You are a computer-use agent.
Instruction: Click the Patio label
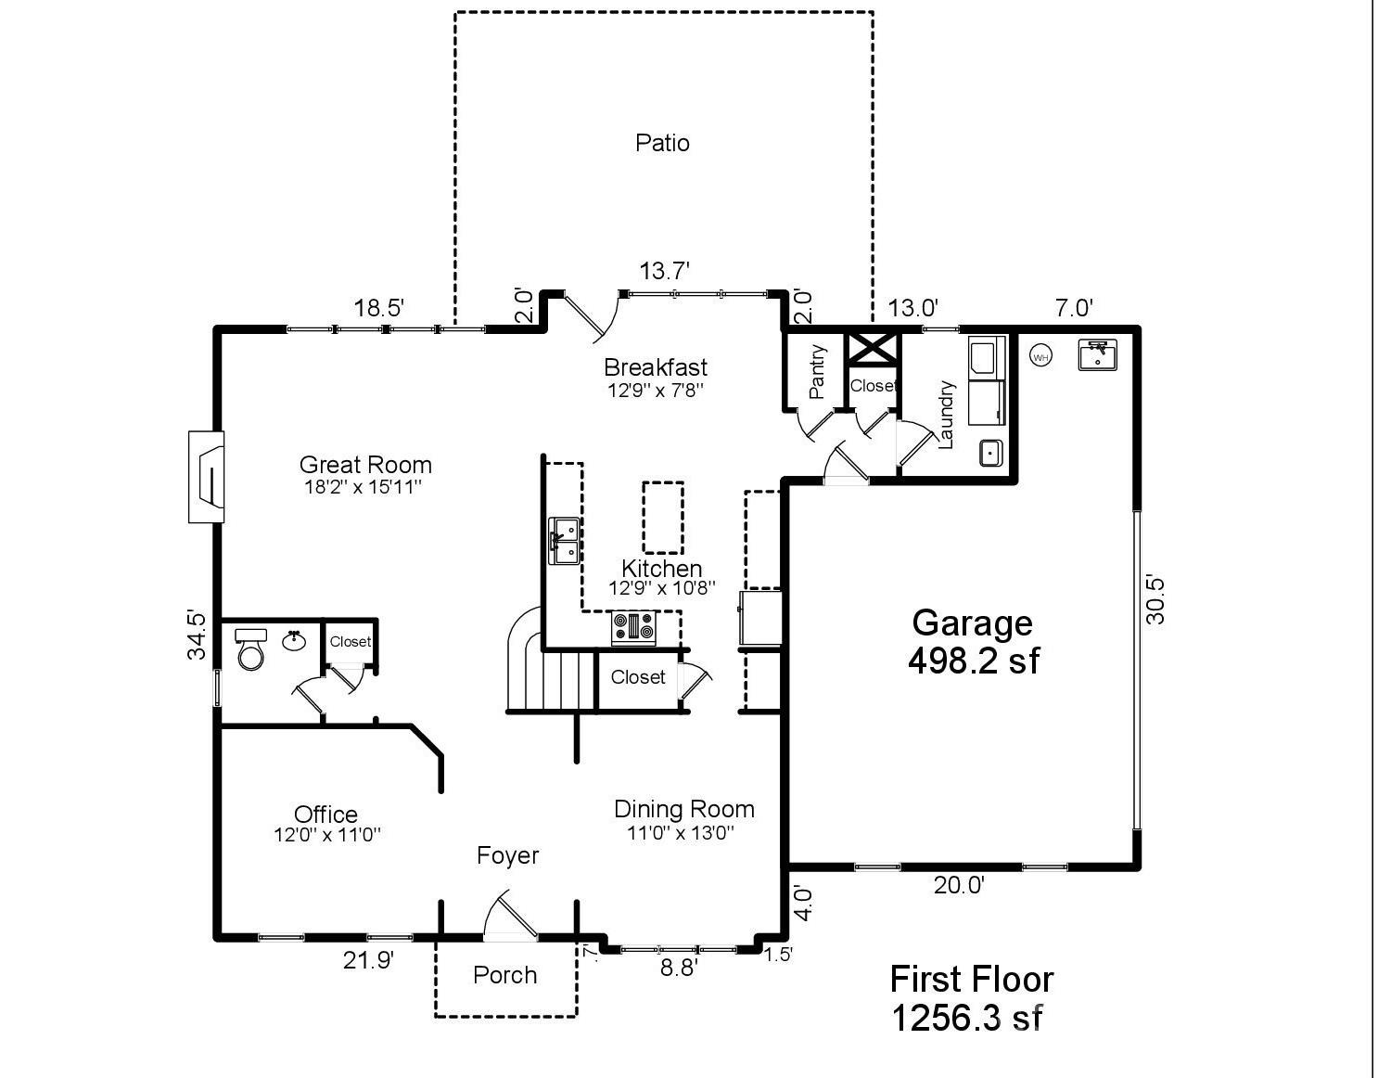coord(662,143)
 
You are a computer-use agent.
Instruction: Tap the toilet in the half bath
coord(250,648)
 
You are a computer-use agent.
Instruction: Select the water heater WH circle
coord(1040,357)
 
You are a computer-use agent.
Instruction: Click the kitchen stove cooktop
coord(633,628)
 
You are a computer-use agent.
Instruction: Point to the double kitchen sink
coord(564,541)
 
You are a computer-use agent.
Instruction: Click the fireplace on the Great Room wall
coord(206,477)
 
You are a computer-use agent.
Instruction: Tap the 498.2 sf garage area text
coord(974,661)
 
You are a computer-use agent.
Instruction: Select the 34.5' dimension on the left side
coord(197,635)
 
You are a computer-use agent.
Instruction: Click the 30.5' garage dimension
coord(1155,600)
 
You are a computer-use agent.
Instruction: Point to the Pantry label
coord(817,372)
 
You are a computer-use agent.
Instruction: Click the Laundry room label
coord(945,415)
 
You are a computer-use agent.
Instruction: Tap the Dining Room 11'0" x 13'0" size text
coord(681,832)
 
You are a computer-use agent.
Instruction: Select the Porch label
coord(504,975)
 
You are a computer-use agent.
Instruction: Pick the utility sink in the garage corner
coord(1098,354)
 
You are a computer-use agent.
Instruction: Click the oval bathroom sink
coord(294,641)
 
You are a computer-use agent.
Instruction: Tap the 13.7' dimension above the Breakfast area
coord(664,272)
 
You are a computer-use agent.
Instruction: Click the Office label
coord(325,815)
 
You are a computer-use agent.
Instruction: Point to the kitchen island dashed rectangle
coord(663,518)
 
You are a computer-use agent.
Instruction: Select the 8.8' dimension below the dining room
coord(679,969)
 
